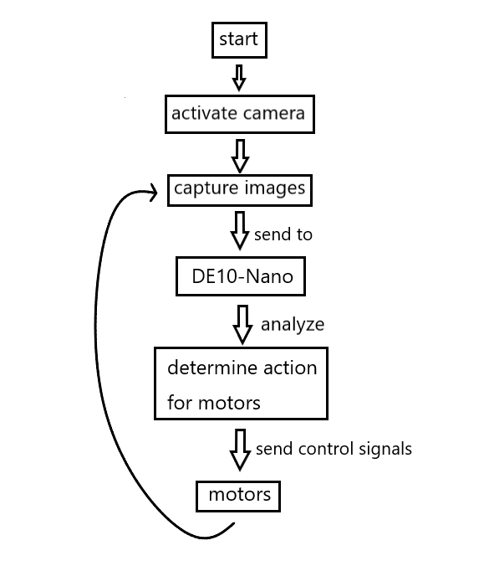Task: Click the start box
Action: pos(239,40)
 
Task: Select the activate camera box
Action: pos(240,114)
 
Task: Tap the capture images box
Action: pos(240,190)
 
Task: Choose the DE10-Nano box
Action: pos(241,276)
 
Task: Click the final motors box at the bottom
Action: pos(238,497)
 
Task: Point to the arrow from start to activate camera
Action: pos(239,77)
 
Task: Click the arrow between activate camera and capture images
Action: pos(240,156)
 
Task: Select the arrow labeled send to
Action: pos(240,230)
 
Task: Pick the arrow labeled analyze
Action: pos(242,325)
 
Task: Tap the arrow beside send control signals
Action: pos(240,450)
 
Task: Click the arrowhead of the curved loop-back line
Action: pos(155,193)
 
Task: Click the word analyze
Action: pos(293,325)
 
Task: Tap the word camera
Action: pos(272,114)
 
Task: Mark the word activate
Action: pos(202,113)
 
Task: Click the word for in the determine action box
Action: pos(180,402)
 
